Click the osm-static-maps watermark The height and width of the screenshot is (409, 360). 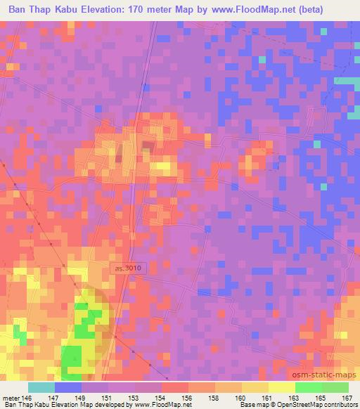click(326, 375)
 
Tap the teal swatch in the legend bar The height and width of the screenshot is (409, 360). click(41, 387)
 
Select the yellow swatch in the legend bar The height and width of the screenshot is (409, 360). click(281, 387)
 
